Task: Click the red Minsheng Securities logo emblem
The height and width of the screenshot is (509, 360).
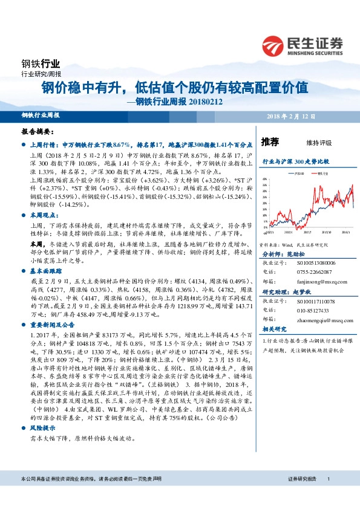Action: (x=274, y=45)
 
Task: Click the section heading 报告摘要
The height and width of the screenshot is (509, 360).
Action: (x=38, y=131)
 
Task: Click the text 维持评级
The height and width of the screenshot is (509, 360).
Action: (x=320, y=143)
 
